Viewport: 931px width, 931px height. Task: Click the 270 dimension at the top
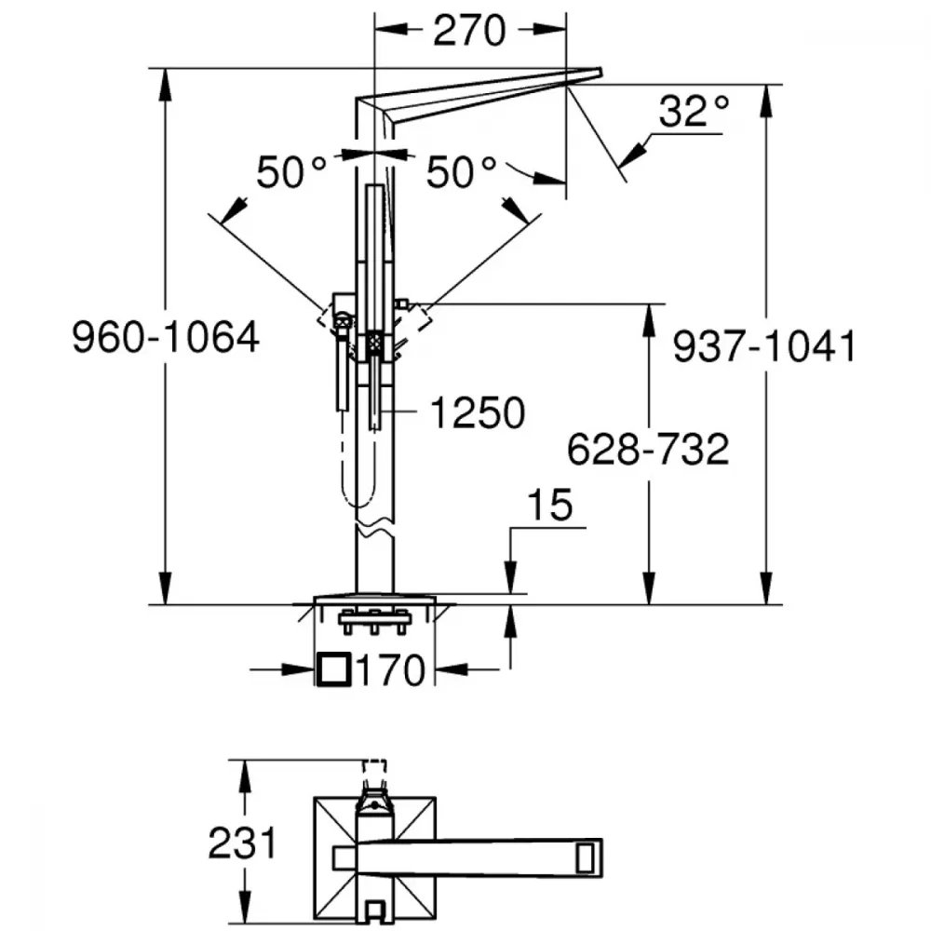(469, 31)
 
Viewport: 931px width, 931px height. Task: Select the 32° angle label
(694, 111)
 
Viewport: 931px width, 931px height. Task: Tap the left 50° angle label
(290, 173)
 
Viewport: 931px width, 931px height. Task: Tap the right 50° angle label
(461, 173)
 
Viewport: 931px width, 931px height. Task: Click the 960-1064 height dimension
(166, 337)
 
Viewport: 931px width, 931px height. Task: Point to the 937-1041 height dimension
(764, 346)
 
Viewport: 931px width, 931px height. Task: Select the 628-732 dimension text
(648, 450)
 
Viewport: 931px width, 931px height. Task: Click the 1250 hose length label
(478, 412)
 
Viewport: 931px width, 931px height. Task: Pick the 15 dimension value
(550, 506)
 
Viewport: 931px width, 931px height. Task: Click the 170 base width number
(391, 670)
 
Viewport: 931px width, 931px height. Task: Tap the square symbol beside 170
(333, 669)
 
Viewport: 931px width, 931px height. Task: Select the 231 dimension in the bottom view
(242, 843)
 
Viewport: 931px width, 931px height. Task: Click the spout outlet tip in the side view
(600, 73)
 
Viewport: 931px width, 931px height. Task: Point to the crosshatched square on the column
(374, 343)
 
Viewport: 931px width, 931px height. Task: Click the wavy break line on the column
(374, 528)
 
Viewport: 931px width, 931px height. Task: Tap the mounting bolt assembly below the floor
(374, 621)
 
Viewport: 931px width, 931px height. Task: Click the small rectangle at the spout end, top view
(585, 857)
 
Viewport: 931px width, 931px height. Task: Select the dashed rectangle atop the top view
(374, 772)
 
